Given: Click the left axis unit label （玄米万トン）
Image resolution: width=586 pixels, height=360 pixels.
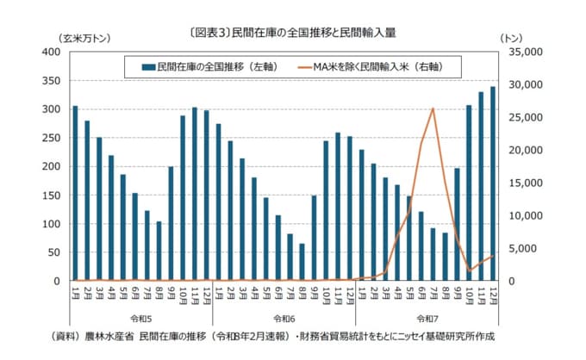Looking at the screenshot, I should click(x=84, y=38).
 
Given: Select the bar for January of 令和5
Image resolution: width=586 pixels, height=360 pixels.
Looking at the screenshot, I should click(x=75, y=194).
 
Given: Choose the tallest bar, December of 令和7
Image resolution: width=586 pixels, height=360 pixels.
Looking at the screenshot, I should click(x=493, y=183).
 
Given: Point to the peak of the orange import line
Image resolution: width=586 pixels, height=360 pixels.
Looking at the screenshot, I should click(x=433, y=109).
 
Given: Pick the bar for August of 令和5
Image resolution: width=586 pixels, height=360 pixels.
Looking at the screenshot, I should click(x=159, y=251).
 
